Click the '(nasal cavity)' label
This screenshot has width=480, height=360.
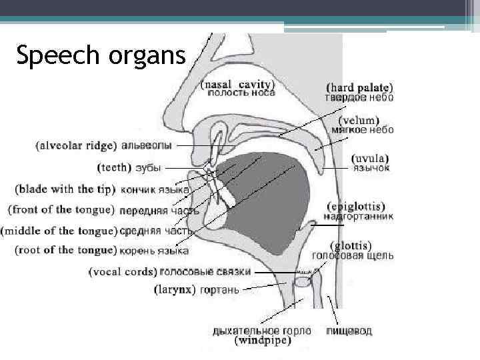tap(237, 85)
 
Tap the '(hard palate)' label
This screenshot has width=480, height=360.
tap(359, 87)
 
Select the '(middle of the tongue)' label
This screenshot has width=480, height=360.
tap(59, 231)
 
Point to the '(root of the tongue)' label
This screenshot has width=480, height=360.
tap(65, 251)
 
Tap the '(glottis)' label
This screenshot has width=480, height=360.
tap(353, 245)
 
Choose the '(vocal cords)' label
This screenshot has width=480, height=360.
tap(123, 272)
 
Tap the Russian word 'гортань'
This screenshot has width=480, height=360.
tap(219, 290)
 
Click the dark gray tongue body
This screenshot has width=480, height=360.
tap(267, 200)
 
